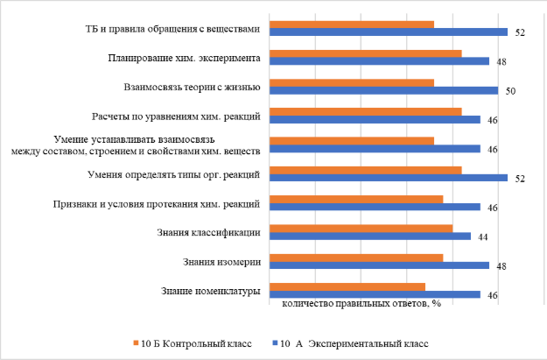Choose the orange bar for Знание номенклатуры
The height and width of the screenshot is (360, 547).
347,286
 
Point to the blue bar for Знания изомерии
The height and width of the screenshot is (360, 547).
379,265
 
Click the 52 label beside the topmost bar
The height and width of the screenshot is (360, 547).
520,33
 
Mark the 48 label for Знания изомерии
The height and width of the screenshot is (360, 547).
502,266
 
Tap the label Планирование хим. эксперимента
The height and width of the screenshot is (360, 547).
195,59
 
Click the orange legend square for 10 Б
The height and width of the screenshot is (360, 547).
136,343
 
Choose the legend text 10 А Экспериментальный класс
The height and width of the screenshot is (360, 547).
354,343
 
